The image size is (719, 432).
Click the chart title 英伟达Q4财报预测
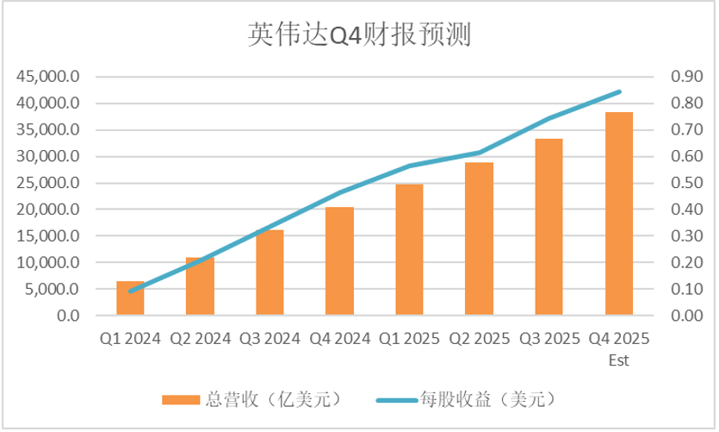click(x=359, y=34)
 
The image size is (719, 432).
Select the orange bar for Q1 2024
click(x=130, y=298)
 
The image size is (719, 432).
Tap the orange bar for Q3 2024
click(x=270, y=272)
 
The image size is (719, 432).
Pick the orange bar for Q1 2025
click(x=409, y=250)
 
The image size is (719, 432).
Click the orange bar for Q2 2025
click(x=479, y=239)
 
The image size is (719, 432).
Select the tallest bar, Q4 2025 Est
click(x=618, y=214)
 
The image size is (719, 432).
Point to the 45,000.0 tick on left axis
click(x=48, y=77)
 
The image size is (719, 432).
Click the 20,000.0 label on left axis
click(x=48, y=210)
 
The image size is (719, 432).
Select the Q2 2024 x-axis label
click(x=200, y=339)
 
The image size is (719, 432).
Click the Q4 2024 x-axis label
click(x=339, y=339)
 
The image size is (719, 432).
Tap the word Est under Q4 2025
click(x=618, y=359)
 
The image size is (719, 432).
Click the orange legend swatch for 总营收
click(x=179, y=398)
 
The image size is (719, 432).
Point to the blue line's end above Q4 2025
click(x=619, y=91)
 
